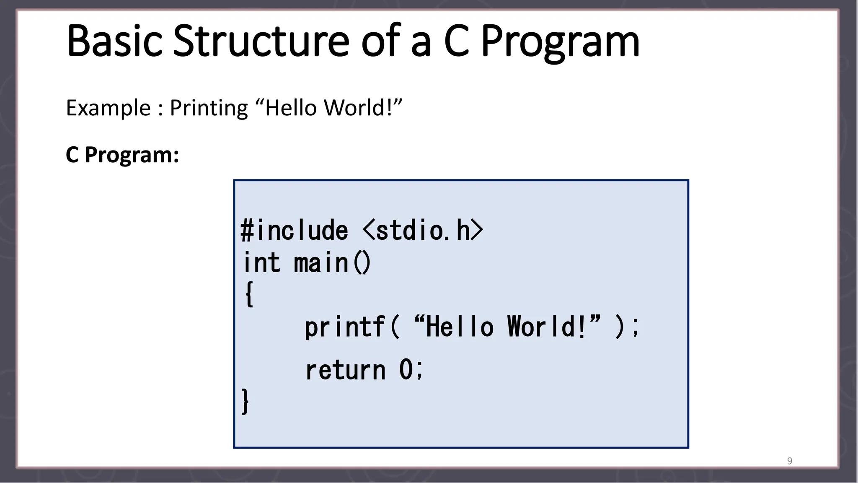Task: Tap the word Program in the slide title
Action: coord(560,42)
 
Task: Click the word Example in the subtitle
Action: coord(108,108)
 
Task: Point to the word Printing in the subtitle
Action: coord(209,109)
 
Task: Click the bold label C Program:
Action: coord(122,155)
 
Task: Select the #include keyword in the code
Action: coord(295,230)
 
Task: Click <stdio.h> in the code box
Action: coord(423,230)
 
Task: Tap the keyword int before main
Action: coord(262,263)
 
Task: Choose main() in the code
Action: coord(332,263)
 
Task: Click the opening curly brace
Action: coord(249,294)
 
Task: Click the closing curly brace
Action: coord(245,401)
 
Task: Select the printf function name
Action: coord(344,327)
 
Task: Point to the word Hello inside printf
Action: coord(459,327)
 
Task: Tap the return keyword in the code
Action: coord(345,370)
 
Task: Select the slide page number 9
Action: coord(789,461)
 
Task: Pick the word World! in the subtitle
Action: coord(359,108)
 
